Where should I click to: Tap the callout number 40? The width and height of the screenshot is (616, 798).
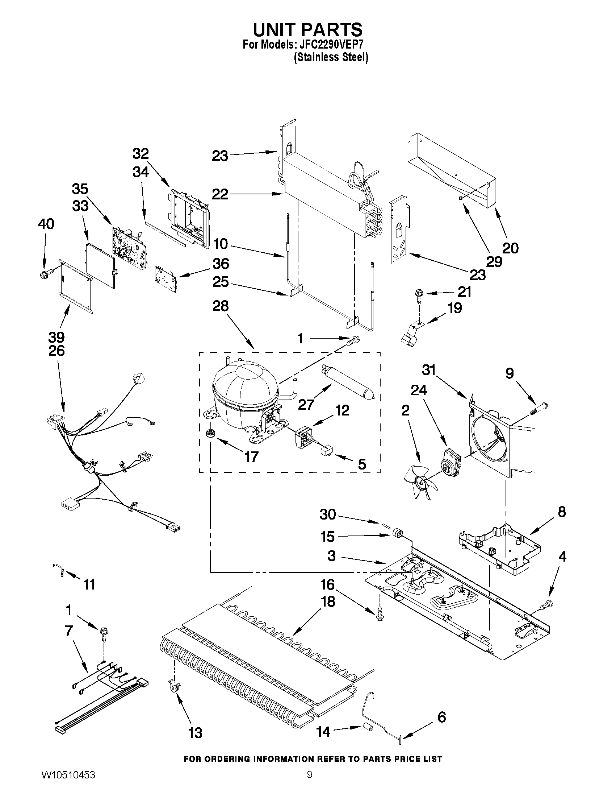[x=46, y=224]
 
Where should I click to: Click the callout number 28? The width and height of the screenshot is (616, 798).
[x=221, y=306]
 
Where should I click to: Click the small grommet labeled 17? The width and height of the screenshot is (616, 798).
[x=210, y=433]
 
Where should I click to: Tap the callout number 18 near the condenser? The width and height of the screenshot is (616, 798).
[x=328, y=601]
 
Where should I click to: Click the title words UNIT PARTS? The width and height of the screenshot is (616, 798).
[x=307, y=29]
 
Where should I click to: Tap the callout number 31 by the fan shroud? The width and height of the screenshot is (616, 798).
[x=429, y=370]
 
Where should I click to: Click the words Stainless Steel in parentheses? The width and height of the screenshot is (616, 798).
[x=331, y=57]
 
